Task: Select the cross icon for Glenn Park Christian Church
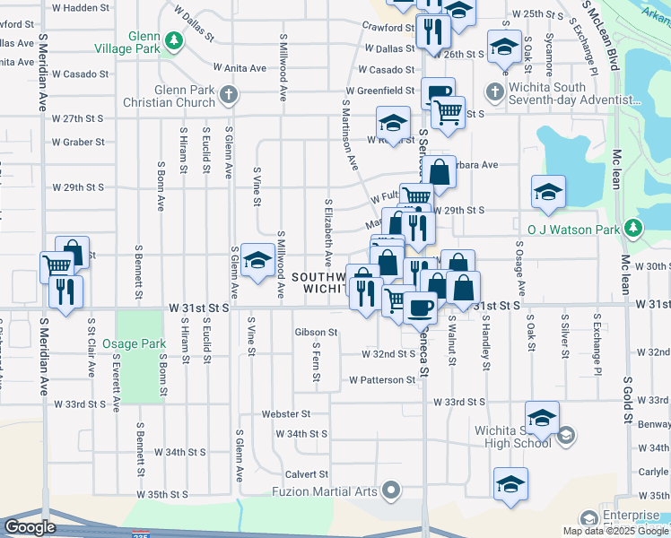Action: click(230, 93)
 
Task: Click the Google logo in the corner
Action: click(29, 526)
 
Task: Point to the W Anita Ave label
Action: click(240, 67)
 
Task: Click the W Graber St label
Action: click(78, 142)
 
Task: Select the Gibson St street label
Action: click(316, 332)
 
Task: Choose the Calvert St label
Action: click(307, 473)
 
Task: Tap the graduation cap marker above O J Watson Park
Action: click(548, 191)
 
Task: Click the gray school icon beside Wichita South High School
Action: click(565, 437)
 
